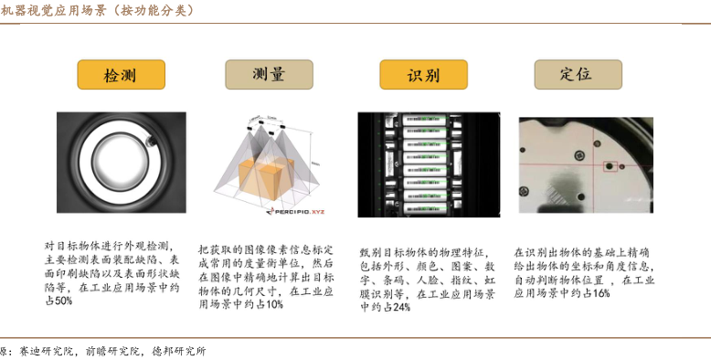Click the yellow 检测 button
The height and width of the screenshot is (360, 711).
click(121, 74)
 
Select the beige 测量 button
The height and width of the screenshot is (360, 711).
click(269, 74)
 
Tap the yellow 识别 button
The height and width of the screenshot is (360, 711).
click(423, 74)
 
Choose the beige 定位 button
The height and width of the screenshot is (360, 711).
click(578, 74)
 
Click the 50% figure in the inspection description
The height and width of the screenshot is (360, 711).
click(63, 301)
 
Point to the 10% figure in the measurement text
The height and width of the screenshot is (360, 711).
click(274, 304)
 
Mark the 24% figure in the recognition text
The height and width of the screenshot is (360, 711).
click(402, 307)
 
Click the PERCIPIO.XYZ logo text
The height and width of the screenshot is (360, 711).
click(296, 211)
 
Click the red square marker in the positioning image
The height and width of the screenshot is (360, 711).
click(610, 166)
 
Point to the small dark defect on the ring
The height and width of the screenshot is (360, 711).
click(151, 142)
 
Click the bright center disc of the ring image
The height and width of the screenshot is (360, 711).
click(120, 162)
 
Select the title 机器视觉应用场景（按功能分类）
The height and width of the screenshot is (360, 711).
click(97, 10)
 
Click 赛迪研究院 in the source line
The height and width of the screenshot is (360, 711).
click(47, 351)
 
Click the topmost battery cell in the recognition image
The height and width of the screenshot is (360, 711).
click(425, 120)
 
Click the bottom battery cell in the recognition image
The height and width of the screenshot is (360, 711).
click(425, 209)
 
